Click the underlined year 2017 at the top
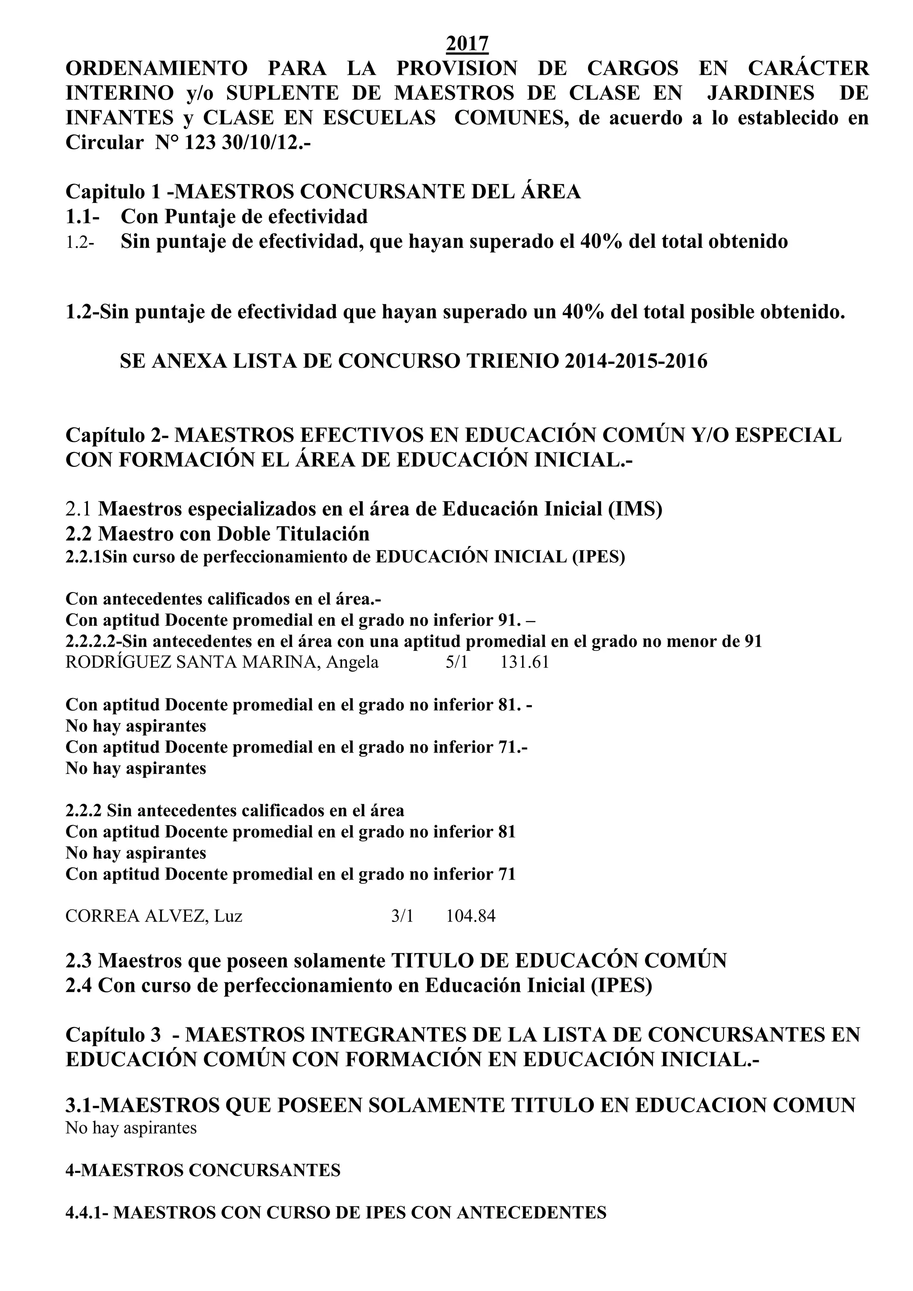pyautogui.click(x=467, y=43)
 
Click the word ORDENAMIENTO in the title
pyautogui.click(x=156, y=68)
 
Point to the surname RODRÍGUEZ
pyautogui.click(x=119, y=662)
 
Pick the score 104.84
pyautogui.click(x=471, y=917)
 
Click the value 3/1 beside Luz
pyautogui.click(x=402, y=917)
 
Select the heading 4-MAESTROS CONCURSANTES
pyautogui.click(x=203, y=1171)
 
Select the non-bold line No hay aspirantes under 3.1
pyautogui.click(x=131, y=1128)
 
